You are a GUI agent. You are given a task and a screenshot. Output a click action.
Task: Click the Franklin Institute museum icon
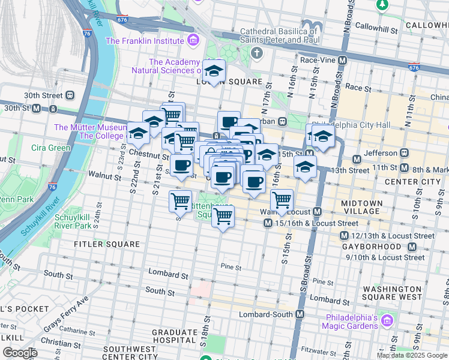[193, 41]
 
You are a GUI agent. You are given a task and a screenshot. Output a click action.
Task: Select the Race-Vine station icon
[342, 61]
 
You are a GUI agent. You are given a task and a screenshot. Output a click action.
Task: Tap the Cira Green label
[51, 148]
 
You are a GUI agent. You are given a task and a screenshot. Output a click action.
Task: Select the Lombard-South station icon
[300, 314]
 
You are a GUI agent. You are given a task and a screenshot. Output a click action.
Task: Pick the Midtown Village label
[360, 207]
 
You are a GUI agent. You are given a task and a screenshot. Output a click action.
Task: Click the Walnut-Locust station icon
[318, 212]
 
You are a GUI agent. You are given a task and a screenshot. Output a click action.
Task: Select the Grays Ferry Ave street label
[66, 313]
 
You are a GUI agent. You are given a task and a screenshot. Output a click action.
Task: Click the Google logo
[20, 353]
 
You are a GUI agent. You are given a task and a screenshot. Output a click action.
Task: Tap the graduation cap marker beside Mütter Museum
[138, 134]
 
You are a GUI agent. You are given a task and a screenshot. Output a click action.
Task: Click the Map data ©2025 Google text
[411, 355]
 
